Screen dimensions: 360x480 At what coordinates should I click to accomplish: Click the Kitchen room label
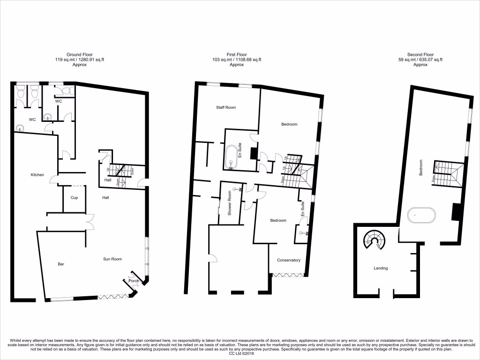click(37, 175)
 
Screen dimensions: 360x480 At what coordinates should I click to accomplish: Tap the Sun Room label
click(112, 259)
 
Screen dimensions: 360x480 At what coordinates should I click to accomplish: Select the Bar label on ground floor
click(60, 264)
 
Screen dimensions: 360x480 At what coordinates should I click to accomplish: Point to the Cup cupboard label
click(74, 198)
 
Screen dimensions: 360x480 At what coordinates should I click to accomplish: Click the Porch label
click(134, 281)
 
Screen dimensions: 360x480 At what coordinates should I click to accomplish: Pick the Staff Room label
click(226, 108)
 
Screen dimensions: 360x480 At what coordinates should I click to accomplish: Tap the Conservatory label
click(288, 261)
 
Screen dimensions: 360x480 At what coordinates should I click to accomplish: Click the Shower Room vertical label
click(230, 202)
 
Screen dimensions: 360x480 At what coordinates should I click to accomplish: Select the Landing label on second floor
click(381, 269)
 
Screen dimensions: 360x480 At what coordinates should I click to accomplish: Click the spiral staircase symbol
click(375, 240)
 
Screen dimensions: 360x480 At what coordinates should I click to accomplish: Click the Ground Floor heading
click(79, 55)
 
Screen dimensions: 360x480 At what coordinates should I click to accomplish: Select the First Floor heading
click(236, 55)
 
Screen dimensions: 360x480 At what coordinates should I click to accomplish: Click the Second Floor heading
click(420, 55)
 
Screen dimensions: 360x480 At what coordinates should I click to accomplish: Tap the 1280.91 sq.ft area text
click(90, 60)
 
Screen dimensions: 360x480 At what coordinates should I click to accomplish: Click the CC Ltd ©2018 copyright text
click(240, 353)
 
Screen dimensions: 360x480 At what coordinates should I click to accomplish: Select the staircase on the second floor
click(448, 173)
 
